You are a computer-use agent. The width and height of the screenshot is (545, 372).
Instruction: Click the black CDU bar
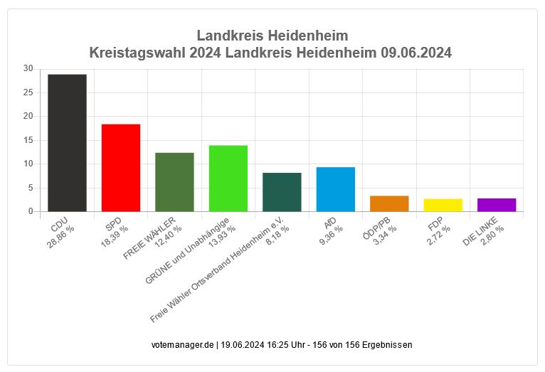68,142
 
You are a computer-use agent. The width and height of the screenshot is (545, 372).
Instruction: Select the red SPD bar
121,168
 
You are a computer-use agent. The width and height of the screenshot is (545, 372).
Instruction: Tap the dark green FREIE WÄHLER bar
174,182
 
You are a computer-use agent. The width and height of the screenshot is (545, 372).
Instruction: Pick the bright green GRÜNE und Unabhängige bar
228,179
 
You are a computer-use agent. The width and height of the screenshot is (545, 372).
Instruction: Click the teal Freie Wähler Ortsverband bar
282,192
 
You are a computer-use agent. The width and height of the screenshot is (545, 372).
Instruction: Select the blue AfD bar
335,189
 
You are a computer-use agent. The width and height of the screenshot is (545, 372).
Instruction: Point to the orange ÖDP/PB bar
389,203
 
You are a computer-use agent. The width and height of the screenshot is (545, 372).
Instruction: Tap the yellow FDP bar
443,205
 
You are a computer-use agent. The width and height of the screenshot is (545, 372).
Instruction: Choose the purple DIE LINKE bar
497,205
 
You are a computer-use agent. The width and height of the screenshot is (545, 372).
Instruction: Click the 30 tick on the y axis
28,68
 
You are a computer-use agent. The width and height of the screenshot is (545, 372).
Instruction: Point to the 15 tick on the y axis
28,140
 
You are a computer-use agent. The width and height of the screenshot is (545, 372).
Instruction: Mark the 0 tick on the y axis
31,211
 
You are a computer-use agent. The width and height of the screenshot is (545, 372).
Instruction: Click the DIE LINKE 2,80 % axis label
485,233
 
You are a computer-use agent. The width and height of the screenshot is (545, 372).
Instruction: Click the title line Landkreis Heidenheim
272,36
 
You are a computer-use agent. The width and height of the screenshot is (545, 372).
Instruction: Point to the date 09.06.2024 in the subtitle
416,53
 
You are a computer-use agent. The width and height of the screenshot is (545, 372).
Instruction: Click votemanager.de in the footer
182,345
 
